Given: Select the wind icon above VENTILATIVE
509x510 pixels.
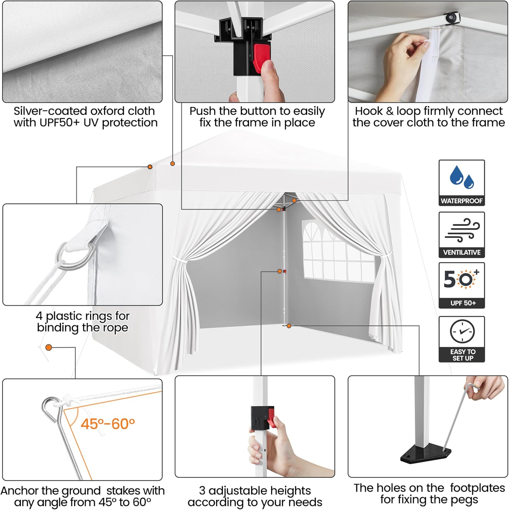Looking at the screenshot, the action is point(462,230).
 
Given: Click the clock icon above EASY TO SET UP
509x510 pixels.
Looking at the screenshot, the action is point(462,331).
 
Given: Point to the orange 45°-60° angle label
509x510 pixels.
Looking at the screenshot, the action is point(108,424).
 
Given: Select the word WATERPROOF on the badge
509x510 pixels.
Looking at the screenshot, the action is point(462,201).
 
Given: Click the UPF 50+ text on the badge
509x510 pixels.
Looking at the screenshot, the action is point(463,303).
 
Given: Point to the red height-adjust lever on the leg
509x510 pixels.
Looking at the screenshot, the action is point(271,418).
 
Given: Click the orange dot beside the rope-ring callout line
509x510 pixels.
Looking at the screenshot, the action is point(150,167).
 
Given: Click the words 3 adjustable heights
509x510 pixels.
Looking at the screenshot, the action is point(255,491).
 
